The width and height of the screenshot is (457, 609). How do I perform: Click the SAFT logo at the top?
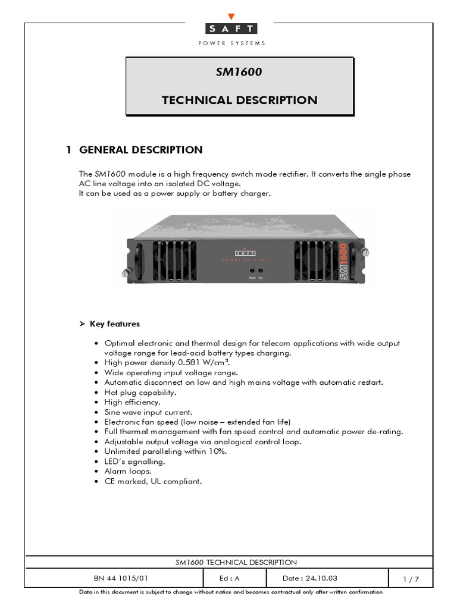[x=231, y=29]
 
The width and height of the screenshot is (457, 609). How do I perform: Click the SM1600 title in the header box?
[x=239, y=72]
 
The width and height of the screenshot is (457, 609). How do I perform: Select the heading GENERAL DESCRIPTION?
[x=140, y=150]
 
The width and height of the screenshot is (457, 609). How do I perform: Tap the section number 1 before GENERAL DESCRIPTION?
[x=69, y=150]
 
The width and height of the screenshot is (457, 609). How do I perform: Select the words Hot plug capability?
[x=140, y=393]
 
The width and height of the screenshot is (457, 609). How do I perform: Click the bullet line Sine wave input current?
[x=148, y=412]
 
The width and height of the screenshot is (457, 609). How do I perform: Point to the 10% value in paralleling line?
[x=218, y=451]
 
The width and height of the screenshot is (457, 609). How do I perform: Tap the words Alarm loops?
[x=124, y=471]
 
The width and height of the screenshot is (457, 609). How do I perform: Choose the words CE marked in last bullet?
[x=120, y=481]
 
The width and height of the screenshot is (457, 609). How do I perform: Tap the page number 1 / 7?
[x=411, y=579]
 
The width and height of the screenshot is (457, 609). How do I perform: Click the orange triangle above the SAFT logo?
[x=231, y=17]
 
